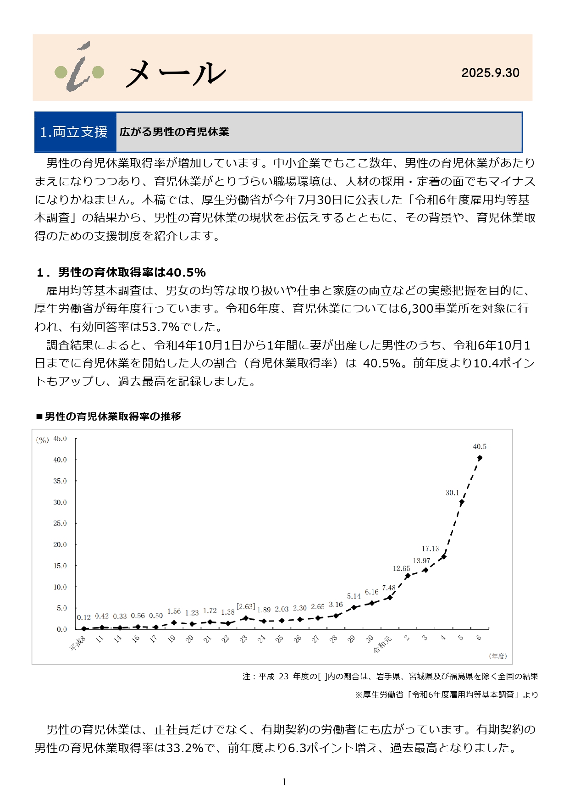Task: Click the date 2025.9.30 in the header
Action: pyautogui.click(x=490, y=73)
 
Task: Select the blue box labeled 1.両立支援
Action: pyautogui.click(x=75, y=132)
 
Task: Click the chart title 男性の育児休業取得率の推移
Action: pyautogui.click(x=113, y=416)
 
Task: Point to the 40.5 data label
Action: pyautogui.click(x=480, y=446)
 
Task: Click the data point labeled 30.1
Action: pyautogui.click(x=461, y=502)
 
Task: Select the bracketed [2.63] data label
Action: pyautogui.click(x=246, y=607)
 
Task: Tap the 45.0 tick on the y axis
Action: pyautogui.click(x=60, y=439)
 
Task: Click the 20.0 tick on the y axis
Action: pyautogui.click(x=60, y=544)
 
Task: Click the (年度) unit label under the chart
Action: pyautogui.click(x=498, y=656)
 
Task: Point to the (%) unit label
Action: pyautogui.click(x=42, y=440)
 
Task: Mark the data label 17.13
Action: pyautogui.click(x=430, y=549)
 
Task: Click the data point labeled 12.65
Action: pyautogui.click(x=408, y=576)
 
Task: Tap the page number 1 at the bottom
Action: pyautogui.click(x=284, y=782)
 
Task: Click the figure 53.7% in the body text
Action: pyautogui.click(x=160, y=327)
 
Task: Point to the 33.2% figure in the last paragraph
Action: pyautogui.click(x=184, y=748)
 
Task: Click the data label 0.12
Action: pyautogui.click(x=84, y=618)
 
